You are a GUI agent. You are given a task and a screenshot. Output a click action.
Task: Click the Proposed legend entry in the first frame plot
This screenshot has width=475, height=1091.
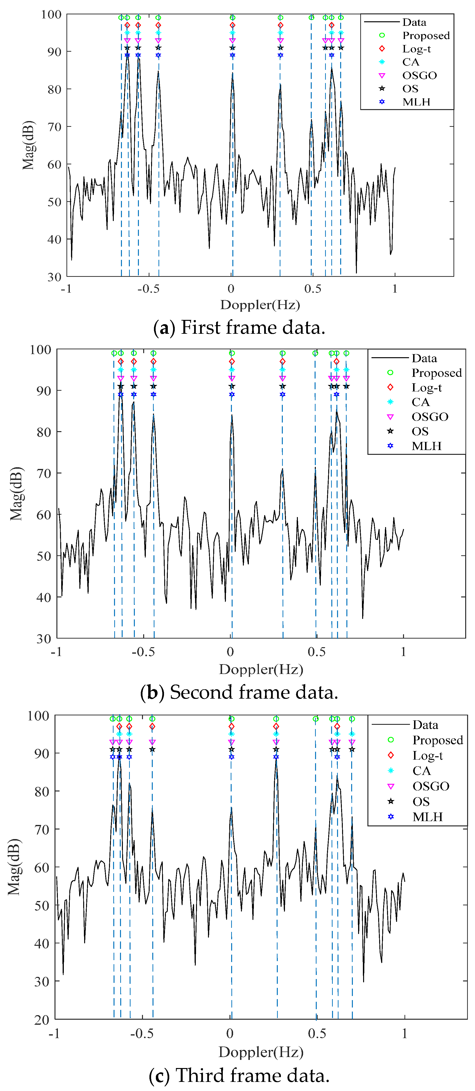coord(426,36)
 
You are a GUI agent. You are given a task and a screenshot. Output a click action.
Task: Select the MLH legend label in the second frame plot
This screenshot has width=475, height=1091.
coord(426,446)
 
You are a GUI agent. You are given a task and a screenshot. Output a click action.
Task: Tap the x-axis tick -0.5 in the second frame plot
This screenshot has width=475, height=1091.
coord(143,651)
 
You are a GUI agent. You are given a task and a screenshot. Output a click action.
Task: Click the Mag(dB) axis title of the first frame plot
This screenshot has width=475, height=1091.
coord(28,145)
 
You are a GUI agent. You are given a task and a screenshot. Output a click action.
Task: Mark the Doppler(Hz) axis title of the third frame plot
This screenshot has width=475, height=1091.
coord(261,1052)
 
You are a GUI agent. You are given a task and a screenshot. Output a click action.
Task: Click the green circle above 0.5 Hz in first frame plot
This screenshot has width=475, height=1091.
coord(311,18)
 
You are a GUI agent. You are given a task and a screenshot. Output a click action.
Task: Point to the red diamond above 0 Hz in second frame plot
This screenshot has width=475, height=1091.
coord(232,361)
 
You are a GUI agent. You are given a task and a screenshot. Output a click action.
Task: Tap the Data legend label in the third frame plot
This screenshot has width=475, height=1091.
coord(425,725)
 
